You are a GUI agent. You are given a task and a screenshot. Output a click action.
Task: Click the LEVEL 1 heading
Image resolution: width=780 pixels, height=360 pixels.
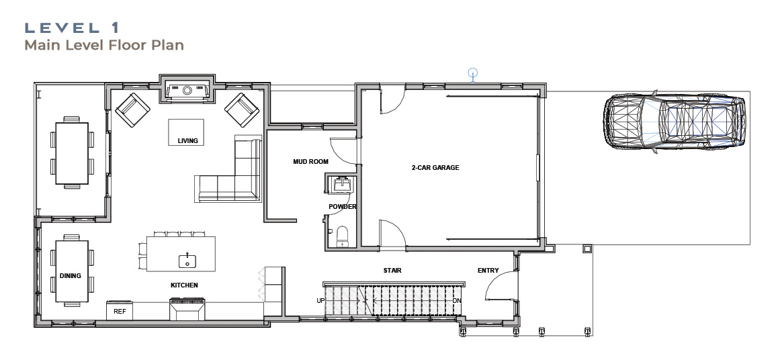[x=72, y=28]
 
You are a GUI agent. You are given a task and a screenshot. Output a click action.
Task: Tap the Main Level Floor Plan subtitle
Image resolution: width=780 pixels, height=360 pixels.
[x=104, y=45]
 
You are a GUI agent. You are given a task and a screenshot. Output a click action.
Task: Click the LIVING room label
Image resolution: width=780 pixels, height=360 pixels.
[x=188, y=141]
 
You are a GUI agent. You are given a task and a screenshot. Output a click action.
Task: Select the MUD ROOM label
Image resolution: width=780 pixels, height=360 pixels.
[x=311, y=161]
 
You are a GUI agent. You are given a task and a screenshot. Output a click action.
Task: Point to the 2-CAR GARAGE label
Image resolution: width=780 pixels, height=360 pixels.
[x=435, y=167]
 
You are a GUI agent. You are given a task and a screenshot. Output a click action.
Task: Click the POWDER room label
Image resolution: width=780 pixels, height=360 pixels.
[x=343, y=206]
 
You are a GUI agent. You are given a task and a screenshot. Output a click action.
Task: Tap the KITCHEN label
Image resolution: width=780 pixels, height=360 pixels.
[x=185, y=285]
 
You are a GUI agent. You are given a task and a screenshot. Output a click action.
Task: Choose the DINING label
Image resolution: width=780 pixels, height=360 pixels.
[x=70, y=275]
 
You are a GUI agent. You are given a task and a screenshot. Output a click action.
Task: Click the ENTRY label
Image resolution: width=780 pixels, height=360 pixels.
[x=488, y=270]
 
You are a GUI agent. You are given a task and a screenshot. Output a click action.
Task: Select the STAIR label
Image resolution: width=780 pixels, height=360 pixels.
[x=392, y=271]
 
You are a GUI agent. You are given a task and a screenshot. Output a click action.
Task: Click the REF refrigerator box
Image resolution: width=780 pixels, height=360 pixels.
[x=120, y=310]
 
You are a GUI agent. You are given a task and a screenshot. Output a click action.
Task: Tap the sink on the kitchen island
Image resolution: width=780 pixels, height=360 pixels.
[x=187, y=260]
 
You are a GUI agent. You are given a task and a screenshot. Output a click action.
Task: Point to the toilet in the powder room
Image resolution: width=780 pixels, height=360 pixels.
[x=343, y=236]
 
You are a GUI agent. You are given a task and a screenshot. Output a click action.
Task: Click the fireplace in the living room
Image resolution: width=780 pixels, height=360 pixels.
[x=187, y=91]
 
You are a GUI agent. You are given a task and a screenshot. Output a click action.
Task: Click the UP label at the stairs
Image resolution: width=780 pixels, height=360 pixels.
[x=321, y=300]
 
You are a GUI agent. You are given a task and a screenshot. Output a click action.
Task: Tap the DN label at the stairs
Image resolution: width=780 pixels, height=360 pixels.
[x=457, y=300]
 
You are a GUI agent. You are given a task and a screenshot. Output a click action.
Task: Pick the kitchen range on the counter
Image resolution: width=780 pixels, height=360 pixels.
[x=187, y=309]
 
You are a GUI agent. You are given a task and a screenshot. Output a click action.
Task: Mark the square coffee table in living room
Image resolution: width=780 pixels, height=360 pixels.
[x=186, y=132]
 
